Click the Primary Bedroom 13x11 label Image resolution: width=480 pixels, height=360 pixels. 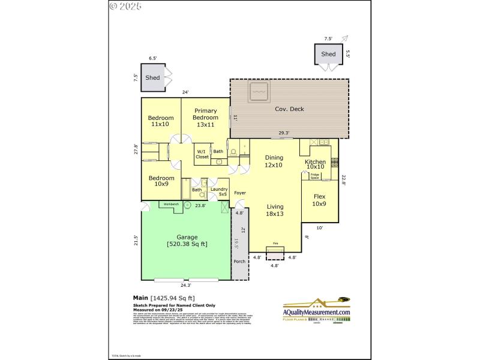click(205, 118)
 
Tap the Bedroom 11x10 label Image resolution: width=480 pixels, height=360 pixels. click(161, 121)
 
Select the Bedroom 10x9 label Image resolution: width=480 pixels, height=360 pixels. click(161, 181)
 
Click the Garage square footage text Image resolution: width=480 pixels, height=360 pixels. click(187, 244)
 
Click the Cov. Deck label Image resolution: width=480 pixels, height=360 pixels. click(289, 109)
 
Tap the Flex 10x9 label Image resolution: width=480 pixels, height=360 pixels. click(318, 200)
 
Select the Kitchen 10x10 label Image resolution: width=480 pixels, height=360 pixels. click(315, 164)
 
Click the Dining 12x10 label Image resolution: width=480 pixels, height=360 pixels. click(274, 161)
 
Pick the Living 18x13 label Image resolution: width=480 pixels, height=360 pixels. click(275, 209)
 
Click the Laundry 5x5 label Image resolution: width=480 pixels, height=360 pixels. click(218, 192)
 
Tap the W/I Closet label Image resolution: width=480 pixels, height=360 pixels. click(202, 154)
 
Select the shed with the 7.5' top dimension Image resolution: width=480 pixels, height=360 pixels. click(328, 54)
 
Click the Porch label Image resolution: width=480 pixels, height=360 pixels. click(239, 262)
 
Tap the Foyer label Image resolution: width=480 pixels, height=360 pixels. click(240, 193)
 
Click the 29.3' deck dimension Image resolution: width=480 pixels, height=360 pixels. click(284, 133)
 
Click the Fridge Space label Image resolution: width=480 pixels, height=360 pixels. click(314, 176)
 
